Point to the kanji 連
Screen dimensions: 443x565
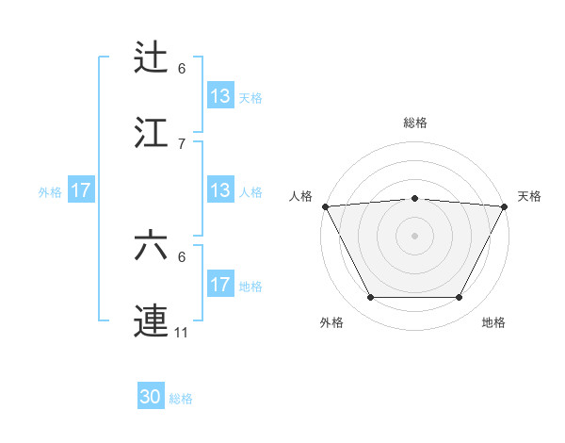152,320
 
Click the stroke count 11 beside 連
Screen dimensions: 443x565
183,332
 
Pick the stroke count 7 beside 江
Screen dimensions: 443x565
182,143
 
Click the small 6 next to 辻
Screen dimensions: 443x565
182,69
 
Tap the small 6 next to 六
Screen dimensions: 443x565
182,256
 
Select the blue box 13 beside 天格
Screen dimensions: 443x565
219,96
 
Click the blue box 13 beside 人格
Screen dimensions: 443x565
219,190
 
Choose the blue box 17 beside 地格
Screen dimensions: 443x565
219,285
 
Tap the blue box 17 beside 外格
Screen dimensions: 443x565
81,190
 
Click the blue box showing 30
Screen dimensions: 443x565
151,398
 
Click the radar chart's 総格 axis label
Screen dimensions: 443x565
415,123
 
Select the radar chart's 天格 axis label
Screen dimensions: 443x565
529,196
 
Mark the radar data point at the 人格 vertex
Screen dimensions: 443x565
325,205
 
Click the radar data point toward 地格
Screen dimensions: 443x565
460,298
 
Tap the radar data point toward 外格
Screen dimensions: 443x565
370,298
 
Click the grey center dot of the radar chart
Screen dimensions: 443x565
415,235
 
